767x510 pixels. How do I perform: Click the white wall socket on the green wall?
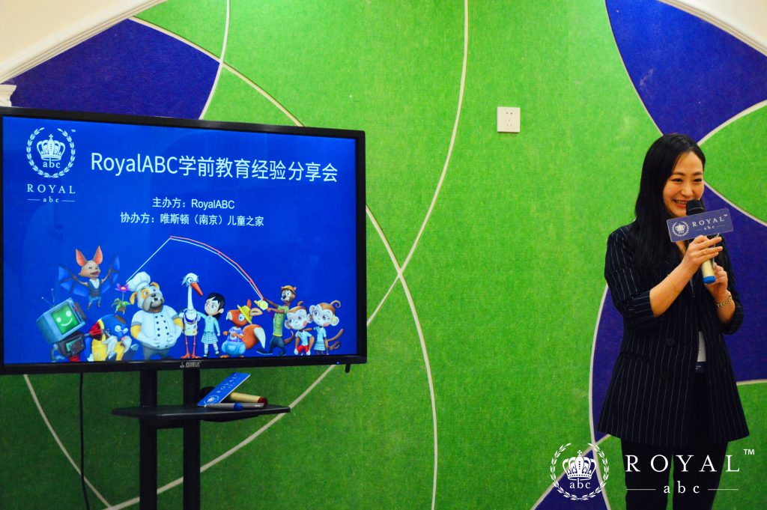click(509, 119)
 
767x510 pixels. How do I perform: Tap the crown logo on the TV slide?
click(51, 152)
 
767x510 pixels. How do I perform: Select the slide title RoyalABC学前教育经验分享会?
click(214, 166)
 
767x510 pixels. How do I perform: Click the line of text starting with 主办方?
click(193, 204)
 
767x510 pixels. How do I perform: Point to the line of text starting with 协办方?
click(192, 219)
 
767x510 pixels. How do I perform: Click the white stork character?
click(191, 314)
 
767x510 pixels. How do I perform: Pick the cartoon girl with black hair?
click(212, 324)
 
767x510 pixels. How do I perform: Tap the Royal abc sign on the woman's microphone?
click(700, 225)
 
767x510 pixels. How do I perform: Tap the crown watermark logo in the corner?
click(579, 471)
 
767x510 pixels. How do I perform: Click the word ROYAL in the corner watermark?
click(682, 464)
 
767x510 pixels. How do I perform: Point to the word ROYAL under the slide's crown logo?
click(51, 189)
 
